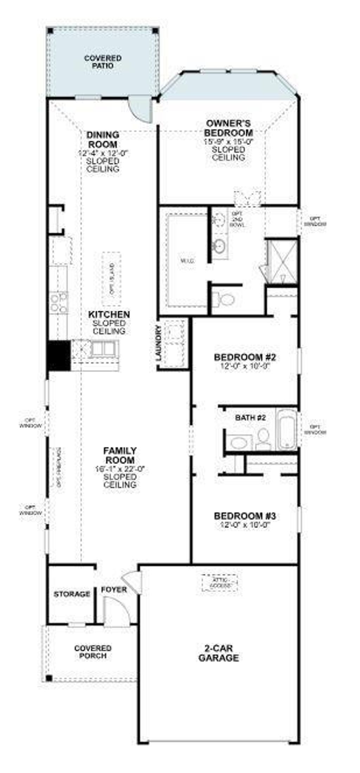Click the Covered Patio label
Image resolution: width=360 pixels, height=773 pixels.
[x=103, y=62]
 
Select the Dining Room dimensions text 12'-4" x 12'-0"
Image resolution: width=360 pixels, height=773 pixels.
[x=103, y=153]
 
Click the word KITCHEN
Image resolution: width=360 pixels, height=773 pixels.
[x=109, y=314]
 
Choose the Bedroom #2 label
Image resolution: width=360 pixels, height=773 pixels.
[x=245, y=358]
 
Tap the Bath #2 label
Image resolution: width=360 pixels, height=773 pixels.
[x=250, y=418]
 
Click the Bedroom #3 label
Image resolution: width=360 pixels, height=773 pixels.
[x=245, y=516]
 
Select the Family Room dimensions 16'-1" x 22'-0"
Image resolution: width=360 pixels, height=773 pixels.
[x=120, y=469]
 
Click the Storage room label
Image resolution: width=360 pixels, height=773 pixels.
[x=72, y=594]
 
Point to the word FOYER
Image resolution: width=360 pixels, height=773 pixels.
[x=114, y=590]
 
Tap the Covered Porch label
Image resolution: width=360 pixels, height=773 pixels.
[x=93, y=652]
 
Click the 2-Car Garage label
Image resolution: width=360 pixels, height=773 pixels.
[x=219, y=653]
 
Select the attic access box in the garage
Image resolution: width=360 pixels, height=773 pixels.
[x=220, y=583]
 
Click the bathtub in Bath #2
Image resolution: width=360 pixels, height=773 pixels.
[x=286, y=429]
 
